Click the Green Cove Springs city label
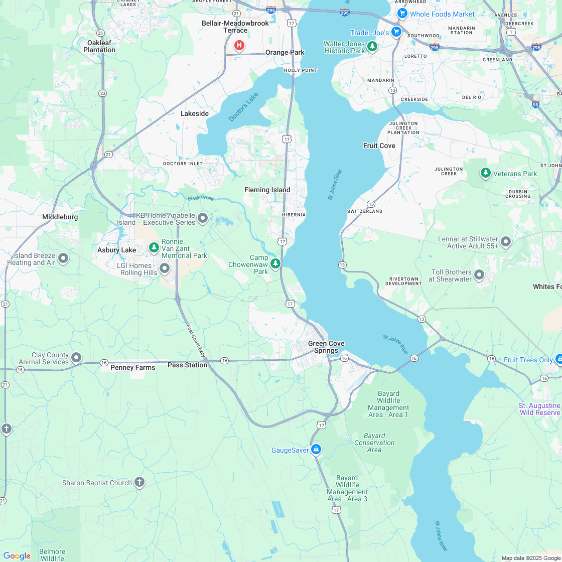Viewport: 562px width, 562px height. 326,347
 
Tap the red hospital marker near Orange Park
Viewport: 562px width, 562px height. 240,46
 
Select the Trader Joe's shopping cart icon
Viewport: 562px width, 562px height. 396,32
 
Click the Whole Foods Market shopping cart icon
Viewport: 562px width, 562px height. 402,14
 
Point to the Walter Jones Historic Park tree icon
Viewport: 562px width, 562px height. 372,47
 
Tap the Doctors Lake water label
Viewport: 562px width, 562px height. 243,107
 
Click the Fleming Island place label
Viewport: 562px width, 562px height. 267,190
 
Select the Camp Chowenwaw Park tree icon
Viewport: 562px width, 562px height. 275,263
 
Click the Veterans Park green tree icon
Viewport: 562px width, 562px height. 485,173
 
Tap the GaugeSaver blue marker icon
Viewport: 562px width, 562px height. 316,449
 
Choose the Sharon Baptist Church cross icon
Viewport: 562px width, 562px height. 139,482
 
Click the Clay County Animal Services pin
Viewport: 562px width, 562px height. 76,357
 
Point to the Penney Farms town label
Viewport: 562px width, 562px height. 132,367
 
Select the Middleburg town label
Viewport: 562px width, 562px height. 60,217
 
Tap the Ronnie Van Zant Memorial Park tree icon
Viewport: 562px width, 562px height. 154,247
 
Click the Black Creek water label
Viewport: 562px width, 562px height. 201,198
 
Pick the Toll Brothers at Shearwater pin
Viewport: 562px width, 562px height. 479,274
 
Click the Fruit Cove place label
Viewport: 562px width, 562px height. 379,146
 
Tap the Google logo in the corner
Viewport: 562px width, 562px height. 17,555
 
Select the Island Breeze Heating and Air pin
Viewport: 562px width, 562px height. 63,258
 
